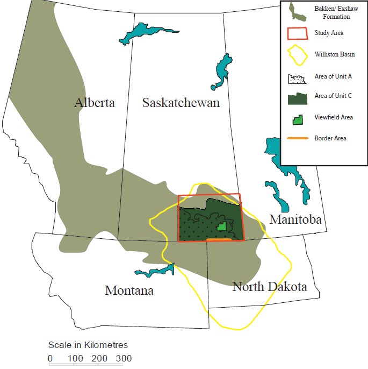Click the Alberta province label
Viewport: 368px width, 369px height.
[x=95, y=103]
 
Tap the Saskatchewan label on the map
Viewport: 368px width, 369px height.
[x=181, y=103]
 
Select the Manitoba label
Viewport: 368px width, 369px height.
[x=295, y=219]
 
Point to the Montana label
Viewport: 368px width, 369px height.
[x=129, y=290]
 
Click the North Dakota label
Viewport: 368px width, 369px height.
[x=269, y=287]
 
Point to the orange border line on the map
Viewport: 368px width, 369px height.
[x=221, y=239]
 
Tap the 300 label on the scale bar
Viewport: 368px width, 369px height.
[x=122, y=358]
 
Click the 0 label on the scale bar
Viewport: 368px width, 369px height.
[x=50, y=358]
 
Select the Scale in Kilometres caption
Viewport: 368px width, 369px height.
[x=88, y=345]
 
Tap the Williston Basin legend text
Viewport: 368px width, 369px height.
[x=334, y=54]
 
